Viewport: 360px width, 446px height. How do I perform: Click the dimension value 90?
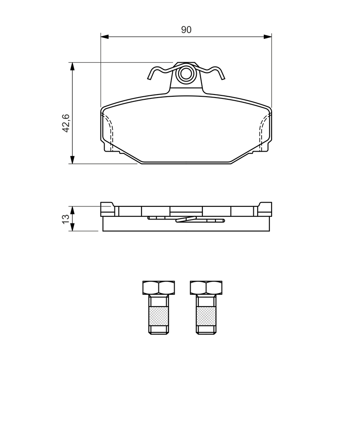pos(186,30)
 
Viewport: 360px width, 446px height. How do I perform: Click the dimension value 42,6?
pos(66,123)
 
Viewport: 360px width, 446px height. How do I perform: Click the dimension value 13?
pos(66,219)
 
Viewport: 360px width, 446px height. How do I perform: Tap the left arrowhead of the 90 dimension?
pos(104,37)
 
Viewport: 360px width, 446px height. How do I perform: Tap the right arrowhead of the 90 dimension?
pos(268,37)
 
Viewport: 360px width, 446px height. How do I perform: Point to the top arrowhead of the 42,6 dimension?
pos(73,66)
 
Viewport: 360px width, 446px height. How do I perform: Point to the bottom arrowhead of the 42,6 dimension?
pos(73,160)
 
